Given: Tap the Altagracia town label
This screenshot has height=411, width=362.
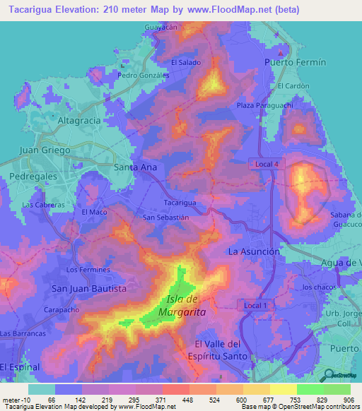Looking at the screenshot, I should point(79,121).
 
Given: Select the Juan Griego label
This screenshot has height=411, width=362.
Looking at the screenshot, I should point(45,150).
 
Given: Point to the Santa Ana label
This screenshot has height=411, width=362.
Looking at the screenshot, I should point(136,167).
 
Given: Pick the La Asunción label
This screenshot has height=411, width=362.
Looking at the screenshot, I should point(254,251).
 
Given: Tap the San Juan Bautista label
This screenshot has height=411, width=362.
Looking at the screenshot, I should point(89,289).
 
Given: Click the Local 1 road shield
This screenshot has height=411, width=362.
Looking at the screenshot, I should point(255,305).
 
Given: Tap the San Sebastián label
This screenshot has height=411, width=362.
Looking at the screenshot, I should point(166,218).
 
